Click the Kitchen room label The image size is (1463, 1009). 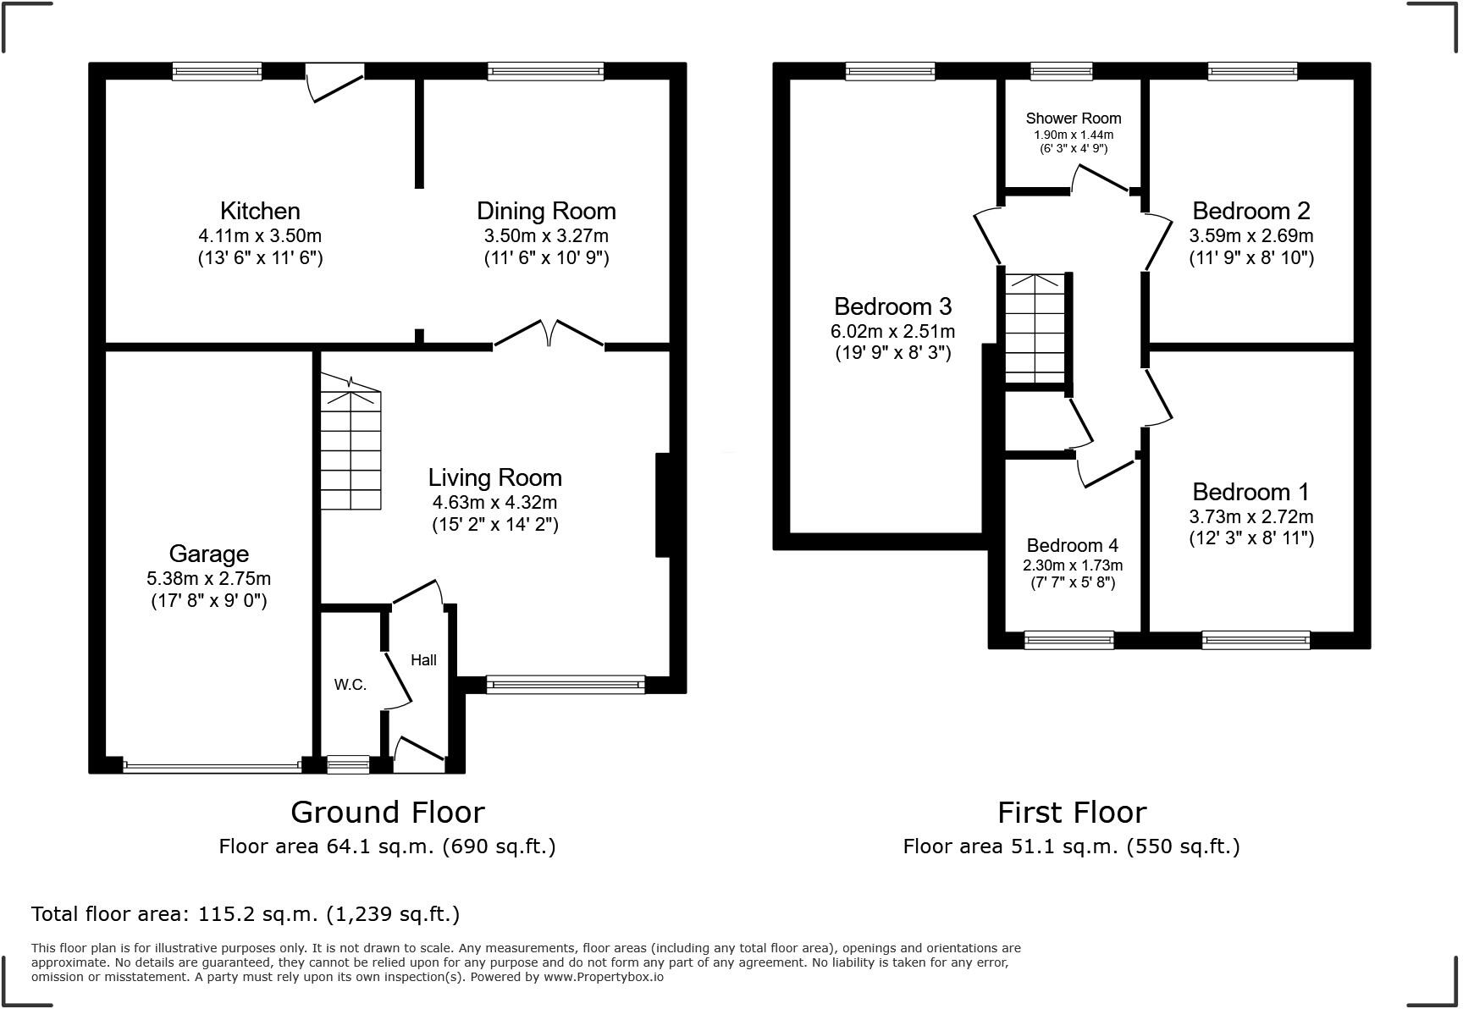pos(260,211)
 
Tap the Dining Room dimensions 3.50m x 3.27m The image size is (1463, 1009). pos(546,236)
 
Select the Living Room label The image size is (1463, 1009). pos(495,477)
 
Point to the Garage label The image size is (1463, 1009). pos(209,554)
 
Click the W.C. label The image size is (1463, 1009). pos(350,685)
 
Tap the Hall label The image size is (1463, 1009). pos(423,659)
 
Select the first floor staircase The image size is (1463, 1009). pos(1035,328)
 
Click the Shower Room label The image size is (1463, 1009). pos(1074,119)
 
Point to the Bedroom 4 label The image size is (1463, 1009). pos(1073,546)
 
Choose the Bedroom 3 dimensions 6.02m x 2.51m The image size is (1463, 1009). pos(893,331)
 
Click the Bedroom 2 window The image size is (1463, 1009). pos(1253,71)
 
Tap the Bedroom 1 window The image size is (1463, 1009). pos(1256,641)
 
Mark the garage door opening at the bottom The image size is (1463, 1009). pos(212,766)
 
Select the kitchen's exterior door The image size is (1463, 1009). pos(335,82)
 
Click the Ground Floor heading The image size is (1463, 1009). pos(388,813)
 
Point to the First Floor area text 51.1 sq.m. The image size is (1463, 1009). pos(1071,846)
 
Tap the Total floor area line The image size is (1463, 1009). pos(246,914)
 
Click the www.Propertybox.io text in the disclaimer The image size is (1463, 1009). pos(603,977)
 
